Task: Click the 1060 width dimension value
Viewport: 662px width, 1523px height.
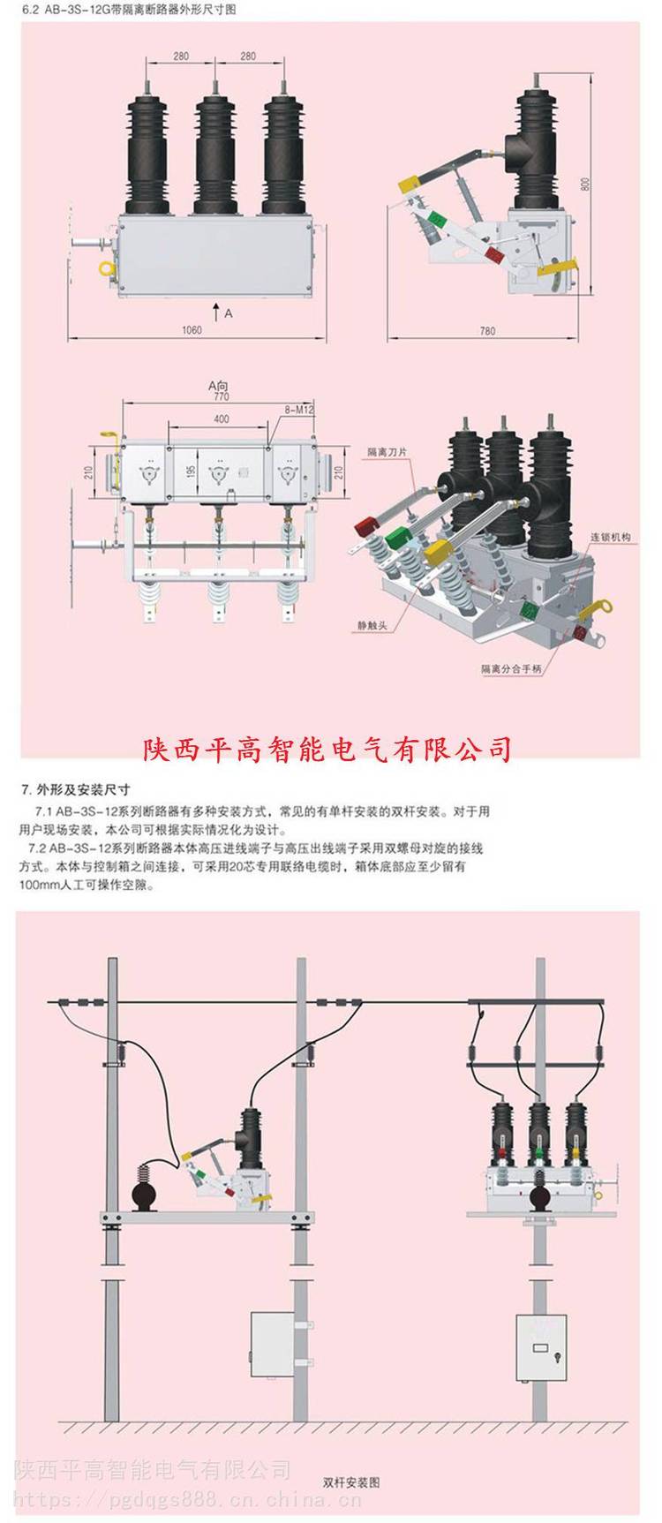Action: click(192, 329)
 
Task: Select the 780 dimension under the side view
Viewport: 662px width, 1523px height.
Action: click(486, 331)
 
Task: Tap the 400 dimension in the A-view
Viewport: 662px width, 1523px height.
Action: click(221, 418)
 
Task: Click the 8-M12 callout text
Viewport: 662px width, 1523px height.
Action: click(298, 411)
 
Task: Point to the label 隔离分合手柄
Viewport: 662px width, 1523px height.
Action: click(511, 669)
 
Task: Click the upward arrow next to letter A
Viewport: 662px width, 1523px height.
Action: click(216, 310)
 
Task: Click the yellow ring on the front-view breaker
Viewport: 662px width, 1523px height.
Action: click(107, 267)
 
